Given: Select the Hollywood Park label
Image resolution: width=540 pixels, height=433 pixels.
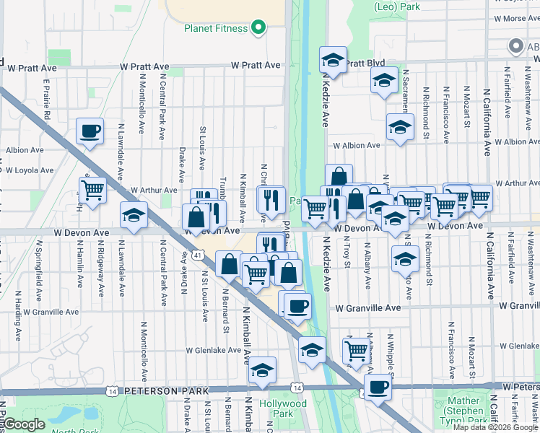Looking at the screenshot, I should (282, 408).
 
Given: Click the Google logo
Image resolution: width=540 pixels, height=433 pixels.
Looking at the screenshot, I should (25, 424).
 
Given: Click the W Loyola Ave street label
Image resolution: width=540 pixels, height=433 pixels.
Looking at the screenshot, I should (30, 171).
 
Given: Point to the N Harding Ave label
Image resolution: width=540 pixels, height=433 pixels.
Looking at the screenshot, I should (15, 318).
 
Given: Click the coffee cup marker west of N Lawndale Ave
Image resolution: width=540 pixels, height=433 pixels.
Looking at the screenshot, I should (90, 131).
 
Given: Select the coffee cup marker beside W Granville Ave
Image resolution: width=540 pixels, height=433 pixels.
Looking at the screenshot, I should (297, 305).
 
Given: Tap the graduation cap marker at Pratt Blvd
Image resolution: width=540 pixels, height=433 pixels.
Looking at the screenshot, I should (333, 60).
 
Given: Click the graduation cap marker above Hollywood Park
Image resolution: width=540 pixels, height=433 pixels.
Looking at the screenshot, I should (263, 369).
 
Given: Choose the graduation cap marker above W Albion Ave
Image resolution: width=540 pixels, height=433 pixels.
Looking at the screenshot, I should (400, 126).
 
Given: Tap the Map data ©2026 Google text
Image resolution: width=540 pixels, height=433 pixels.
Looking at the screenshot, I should (495, 427).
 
